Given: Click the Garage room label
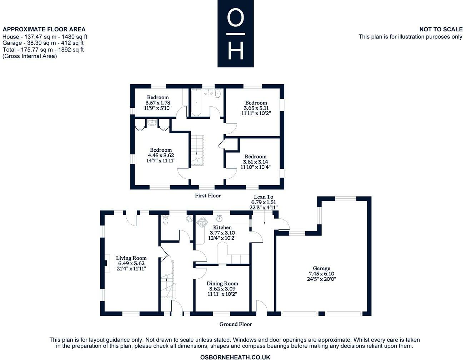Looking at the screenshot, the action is tap(321, 268).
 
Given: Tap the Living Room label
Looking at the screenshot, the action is tap(131, 258).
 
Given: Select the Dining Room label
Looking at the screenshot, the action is tap(222, 283).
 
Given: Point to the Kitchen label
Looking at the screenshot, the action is tap(222, 227).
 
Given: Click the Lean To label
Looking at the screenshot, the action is tap(264, 197).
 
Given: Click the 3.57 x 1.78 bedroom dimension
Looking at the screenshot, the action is tap(158, 103).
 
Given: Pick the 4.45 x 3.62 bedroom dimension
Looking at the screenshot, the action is tap(161, 155).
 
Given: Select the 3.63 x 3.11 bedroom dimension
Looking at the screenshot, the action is tap(256, 108).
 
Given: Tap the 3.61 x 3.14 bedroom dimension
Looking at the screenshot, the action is tap(255, 162).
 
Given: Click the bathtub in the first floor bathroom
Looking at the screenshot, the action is tap(196, 102).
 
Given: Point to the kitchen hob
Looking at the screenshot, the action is tap(202, 222).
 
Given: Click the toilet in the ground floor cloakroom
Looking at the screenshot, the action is tap(165, 220).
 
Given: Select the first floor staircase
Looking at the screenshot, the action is tap(197, 150).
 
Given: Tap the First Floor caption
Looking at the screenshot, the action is tap(208, 196).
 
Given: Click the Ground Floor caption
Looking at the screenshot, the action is tap(235, 324).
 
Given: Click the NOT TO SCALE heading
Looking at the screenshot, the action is tap(441, 29).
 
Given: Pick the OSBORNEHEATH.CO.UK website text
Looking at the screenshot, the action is tap(235, 357).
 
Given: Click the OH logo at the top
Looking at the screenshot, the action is tap(235, 34).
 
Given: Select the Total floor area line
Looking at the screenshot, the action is tap(43, 50).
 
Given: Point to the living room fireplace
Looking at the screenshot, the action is tap(106, 263).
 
